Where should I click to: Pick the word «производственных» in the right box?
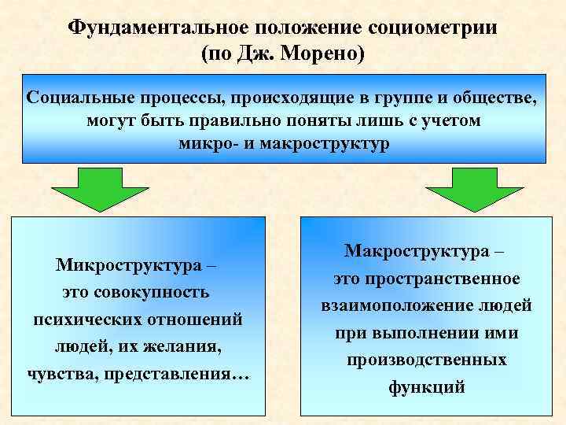pos(426,360)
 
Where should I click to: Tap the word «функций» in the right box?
pos(426,387)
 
